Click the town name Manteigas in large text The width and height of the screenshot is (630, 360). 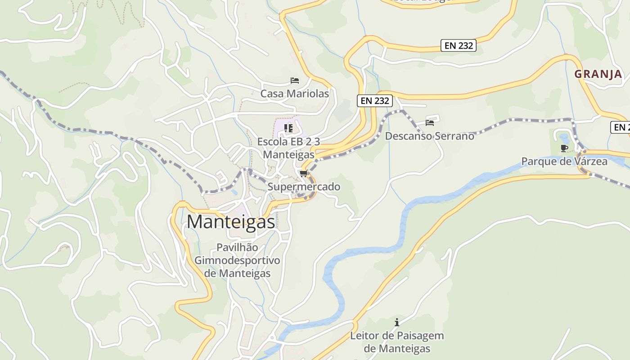(x=230, y=221)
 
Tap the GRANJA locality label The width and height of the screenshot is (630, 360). (x=598, y=74)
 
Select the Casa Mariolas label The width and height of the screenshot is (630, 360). (x=295, y=94)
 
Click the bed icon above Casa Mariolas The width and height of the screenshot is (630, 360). (x=295, y=81)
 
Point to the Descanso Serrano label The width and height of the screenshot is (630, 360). (x=429, y=136)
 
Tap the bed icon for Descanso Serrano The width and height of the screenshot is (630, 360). (x=430, y=122)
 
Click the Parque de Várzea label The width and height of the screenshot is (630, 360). (x=564, y=161)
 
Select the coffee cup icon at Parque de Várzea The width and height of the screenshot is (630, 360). (x=564, y=148)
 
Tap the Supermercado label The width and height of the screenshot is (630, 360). (x=304, y=187)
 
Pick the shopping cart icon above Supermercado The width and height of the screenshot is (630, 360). (x=303, y=174)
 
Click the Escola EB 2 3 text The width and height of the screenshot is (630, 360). (x=288, y=142)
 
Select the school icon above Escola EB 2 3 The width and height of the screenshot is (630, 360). (x=288, y=128)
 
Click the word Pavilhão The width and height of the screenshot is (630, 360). (x=237, y=247)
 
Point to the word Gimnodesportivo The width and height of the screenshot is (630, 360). (x=237, y=261)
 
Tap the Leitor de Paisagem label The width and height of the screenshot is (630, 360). (x=397, y=336)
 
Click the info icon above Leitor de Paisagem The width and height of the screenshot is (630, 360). (x=397, y=322)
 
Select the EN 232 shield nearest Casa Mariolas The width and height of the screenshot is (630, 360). (x=375, y=101)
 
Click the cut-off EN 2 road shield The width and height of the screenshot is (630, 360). (x=621, y=127)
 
